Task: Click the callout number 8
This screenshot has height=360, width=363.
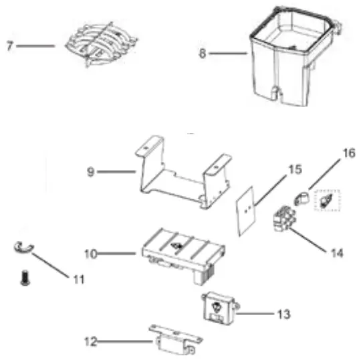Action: (x=202, y=54)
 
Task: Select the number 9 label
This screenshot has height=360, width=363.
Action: (x=90, y=172)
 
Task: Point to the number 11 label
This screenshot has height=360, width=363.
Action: (x=78, y=278)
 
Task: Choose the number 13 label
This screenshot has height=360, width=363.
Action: (x=284, y=313)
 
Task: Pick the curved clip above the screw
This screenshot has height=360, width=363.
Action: (x=24, y=248)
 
